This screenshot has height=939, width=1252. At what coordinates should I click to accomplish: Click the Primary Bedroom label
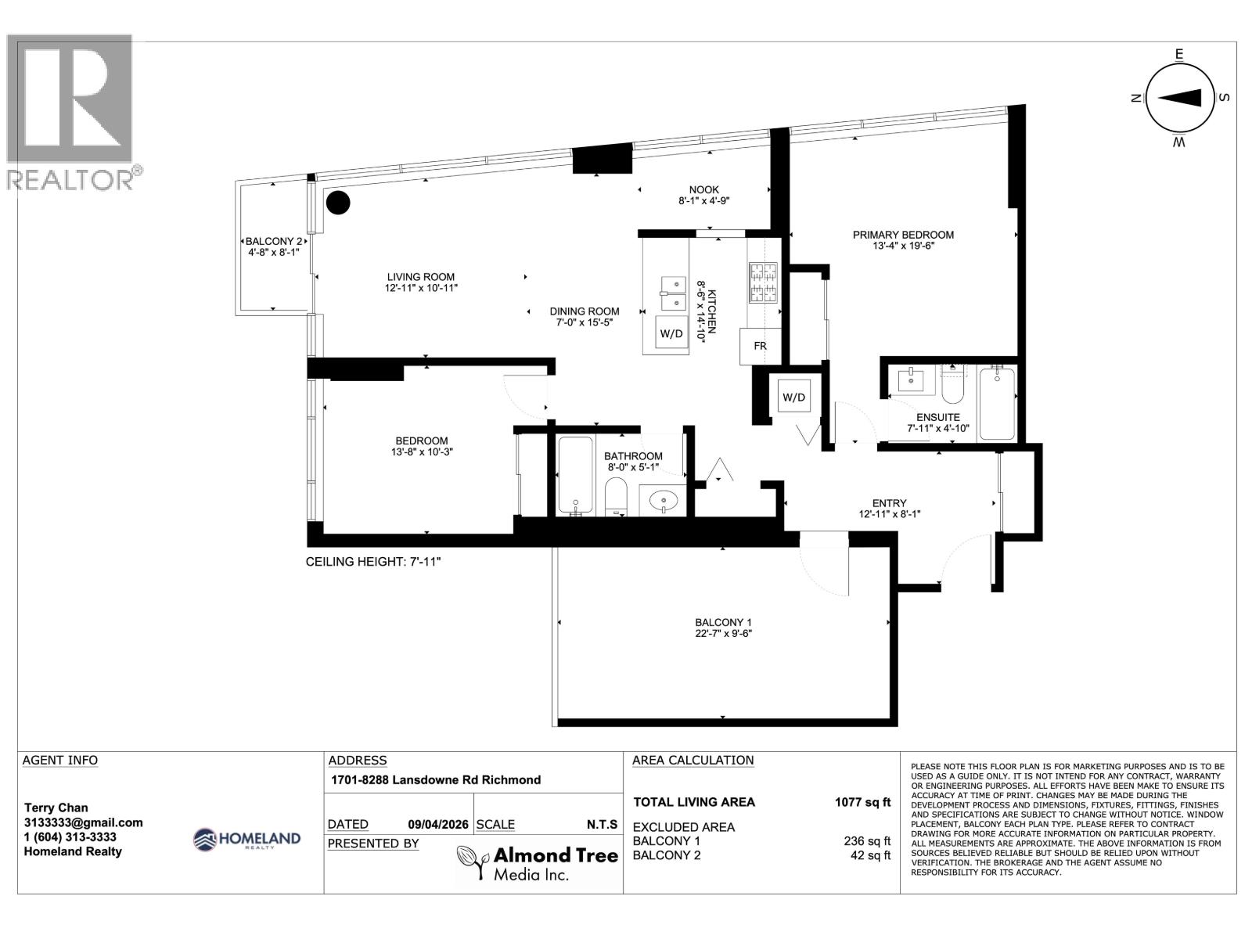pyautogui.click(x=903, y=235)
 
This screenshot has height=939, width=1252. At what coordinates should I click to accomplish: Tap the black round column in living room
pyautogui.click(x=337, y=203)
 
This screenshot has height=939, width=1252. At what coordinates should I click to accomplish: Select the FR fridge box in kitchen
pyautogui.click(x=760, y=346)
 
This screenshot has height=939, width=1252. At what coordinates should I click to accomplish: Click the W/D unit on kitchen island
pyautogui.click(x=671, y=334)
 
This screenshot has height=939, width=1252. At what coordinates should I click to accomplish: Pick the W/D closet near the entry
pyautogui.click(x=793, y=398)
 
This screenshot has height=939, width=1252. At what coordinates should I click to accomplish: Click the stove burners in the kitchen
pyautogui.click(x=764, y=283)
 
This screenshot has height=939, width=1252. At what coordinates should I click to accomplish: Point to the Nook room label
pyautogui.click(x=703, y=189)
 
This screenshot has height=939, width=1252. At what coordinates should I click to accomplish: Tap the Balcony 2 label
pyautogui.click(x=273, y=242)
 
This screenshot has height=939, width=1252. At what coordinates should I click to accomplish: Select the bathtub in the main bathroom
pyautogui.click(x=576, y=476)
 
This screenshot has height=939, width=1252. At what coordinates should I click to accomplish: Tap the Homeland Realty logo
pyautogui.click(x=246, y=840)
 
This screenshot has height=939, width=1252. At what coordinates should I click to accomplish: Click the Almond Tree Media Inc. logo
pyautogui.click(x=537, y=863)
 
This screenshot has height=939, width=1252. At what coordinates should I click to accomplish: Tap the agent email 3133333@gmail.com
pyautogui.click(x=83, y=822)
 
